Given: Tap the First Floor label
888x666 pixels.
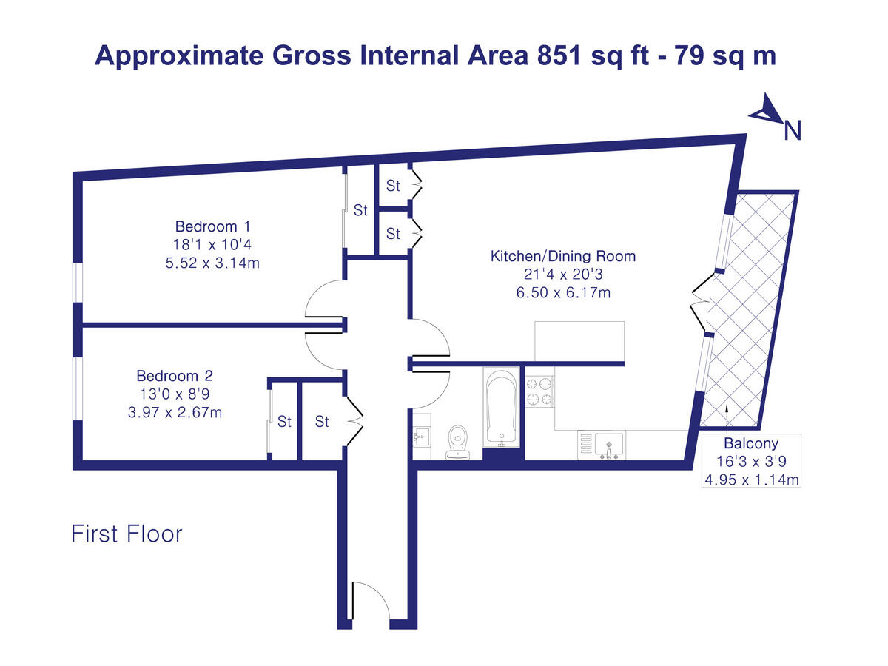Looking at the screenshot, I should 127,534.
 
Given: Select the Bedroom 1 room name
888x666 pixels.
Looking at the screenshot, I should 206,226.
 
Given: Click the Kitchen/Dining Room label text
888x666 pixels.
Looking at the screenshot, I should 563,257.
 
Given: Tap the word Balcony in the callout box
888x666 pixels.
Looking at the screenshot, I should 750,444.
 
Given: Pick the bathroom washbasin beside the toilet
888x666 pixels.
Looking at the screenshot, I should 422,438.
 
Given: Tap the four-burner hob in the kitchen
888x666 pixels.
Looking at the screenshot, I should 539,391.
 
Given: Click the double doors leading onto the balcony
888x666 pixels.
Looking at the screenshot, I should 701,304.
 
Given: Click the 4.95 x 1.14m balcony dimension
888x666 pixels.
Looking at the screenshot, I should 750,480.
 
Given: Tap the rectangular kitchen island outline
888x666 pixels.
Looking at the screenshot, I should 579,341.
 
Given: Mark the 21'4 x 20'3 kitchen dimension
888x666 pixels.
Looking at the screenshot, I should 563,275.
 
